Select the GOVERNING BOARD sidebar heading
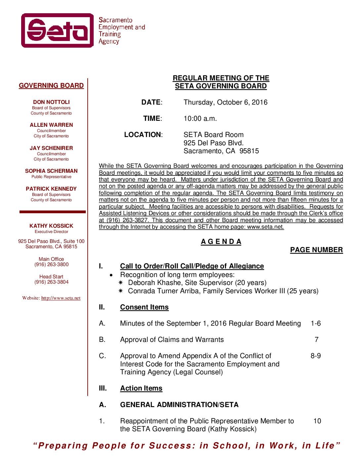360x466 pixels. point(51,86)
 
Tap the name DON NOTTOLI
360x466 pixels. point(51,102)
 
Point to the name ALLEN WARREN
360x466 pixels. point(51,125)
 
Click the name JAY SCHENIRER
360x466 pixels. point(51,148)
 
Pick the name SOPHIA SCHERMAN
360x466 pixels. point(51,171)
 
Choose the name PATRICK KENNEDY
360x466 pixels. point(51,189)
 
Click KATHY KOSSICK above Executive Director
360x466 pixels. point(51,226)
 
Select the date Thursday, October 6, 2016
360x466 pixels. point(225,102)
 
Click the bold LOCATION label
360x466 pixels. point(143,135)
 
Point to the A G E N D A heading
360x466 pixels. point(221,242)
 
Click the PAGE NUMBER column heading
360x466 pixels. point(316,250)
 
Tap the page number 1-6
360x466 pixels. point(316,323)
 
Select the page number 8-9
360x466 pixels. point(316,356)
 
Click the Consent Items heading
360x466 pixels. point(144,307)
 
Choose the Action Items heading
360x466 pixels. point(141,388)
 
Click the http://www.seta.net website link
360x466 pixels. point(61,298)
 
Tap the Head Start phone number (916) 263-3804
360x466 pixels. point(51,282)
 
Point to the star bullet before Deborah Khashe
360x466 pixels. point(121,283)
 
